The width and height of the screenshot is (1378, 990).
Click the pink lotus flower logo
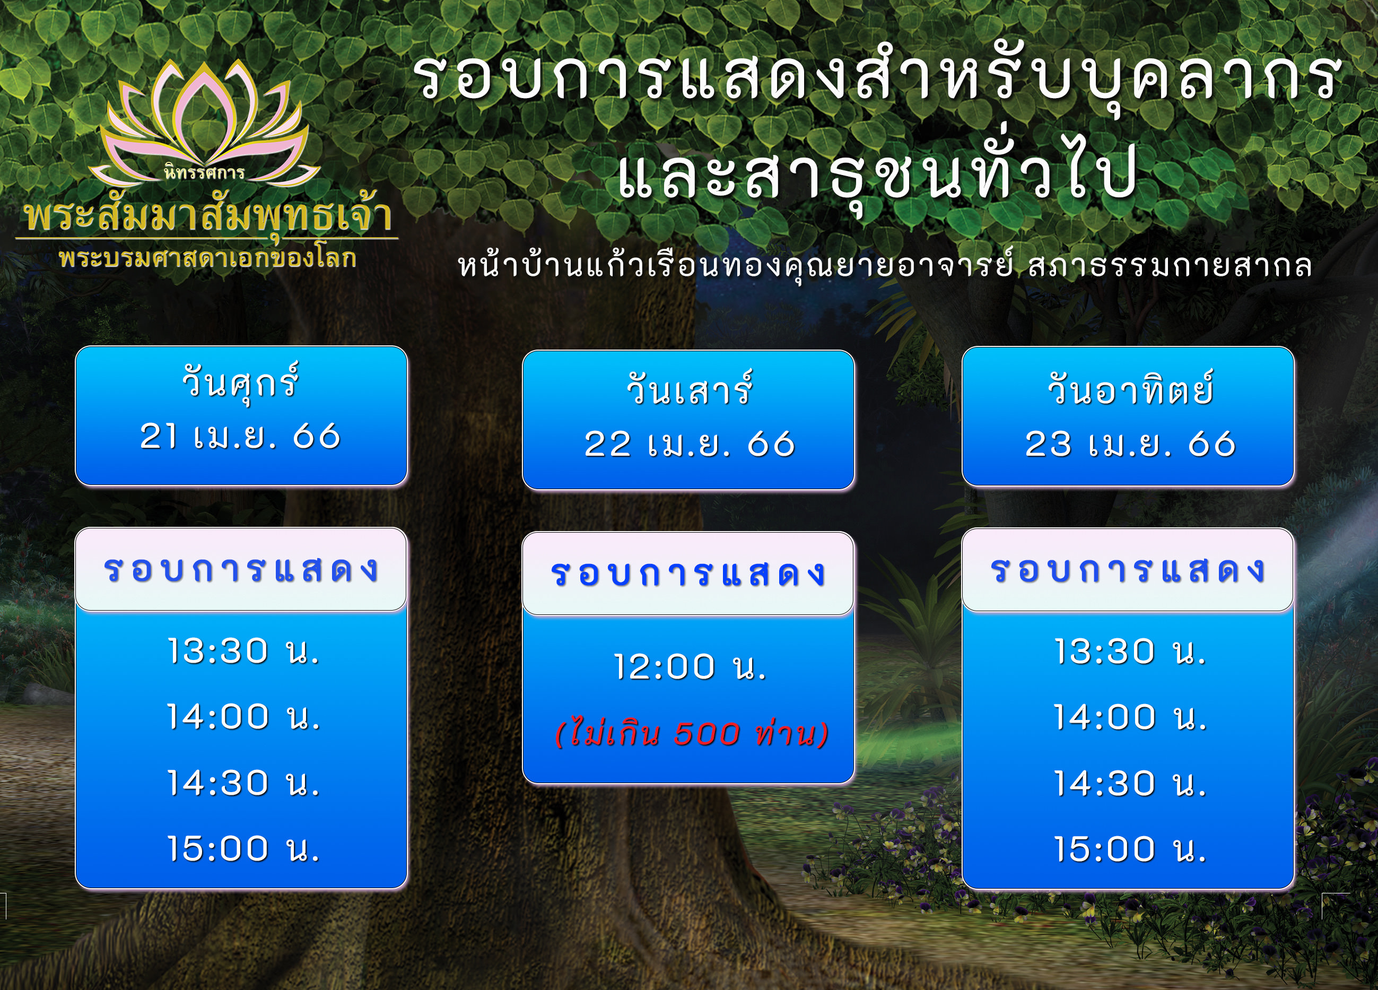204,121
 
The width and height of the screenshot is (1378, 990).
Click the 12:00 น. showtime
690,667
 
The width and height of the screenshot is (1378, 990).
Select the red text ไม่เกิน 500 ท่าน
692,734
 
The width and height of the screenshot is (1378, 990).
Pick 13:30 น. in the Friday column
243,651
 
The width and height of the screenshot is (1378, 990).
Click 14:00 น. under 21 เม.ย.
243,717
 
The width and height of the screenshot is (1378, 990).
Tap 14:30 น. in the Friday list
243,783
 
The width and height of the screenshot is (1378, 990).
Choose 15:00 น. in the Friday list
243,848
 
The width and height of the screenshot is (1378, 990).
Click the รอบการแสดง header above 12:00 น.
688,573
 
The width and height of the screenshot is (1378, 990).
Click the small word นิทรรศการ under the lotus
204,172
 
